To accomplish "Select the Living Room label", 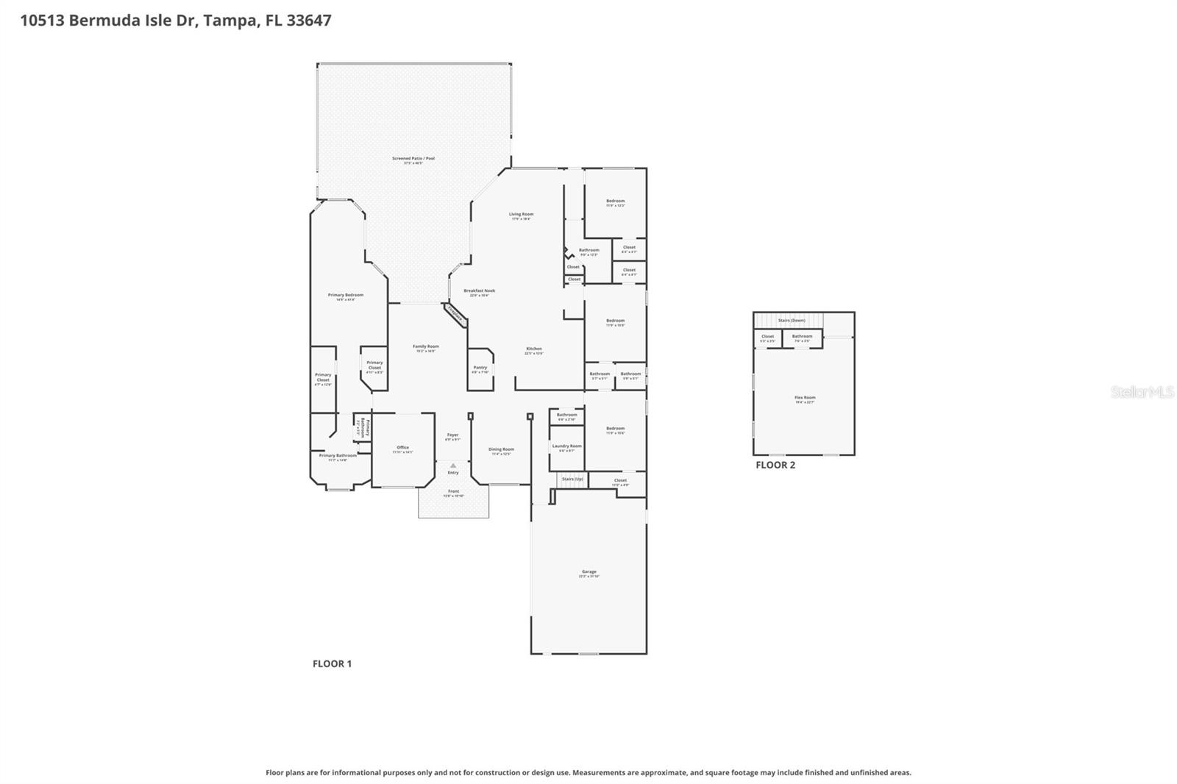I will pyautogui.click(x=521, y=215).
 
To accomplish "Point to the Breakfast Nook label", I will pyautogui.click(x=479, y=291).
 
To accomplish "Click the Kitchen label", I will pyautogui.click(x=533, y=349).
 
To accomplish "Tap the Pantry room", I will pyautogui.click(x=480, y=368).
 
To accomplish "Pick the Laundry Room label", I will pyautogui.click(x=566, y=446).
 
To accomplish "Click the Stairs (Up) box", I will pyautogui.click(x=572, y=480).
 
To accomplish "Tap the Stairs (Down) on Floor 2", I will pyautogui.click(x=792, y=321).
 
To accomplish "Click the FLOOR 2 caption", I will pyautogui.click(x=775, y=465).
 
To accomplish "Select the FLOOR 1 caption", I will pyautogui.click(x=332, y=663).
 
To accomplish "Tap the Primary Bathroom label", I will pyautogui.click(x=338, y=456).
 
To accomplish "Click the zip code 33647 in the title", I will pyautogui.click(x=309, y=20).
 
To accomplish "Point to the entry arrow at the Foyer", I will pyautogui.click(x=453, y=466).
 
